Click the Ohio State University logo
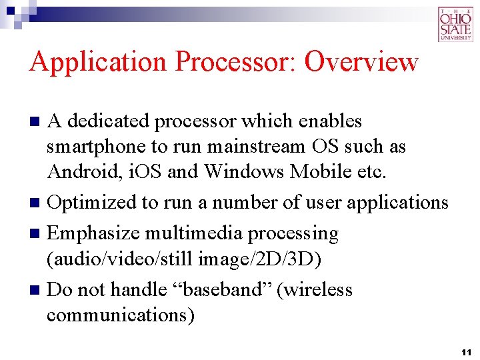(x=455, y=25)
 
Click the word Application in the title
(x=99, y=62)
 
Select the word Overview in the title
(x=361, y=62)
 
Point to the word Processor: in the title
(x=236, y=62)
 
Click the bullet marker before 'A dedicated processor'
(x=37, y=122)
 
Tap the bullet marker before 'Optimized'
(x=37, y=202)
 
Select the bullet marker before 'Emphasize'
(x=37, y=234)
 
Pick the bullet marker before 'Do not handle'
(x=37, y=290)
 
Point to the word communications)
(x=121, y=315)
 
